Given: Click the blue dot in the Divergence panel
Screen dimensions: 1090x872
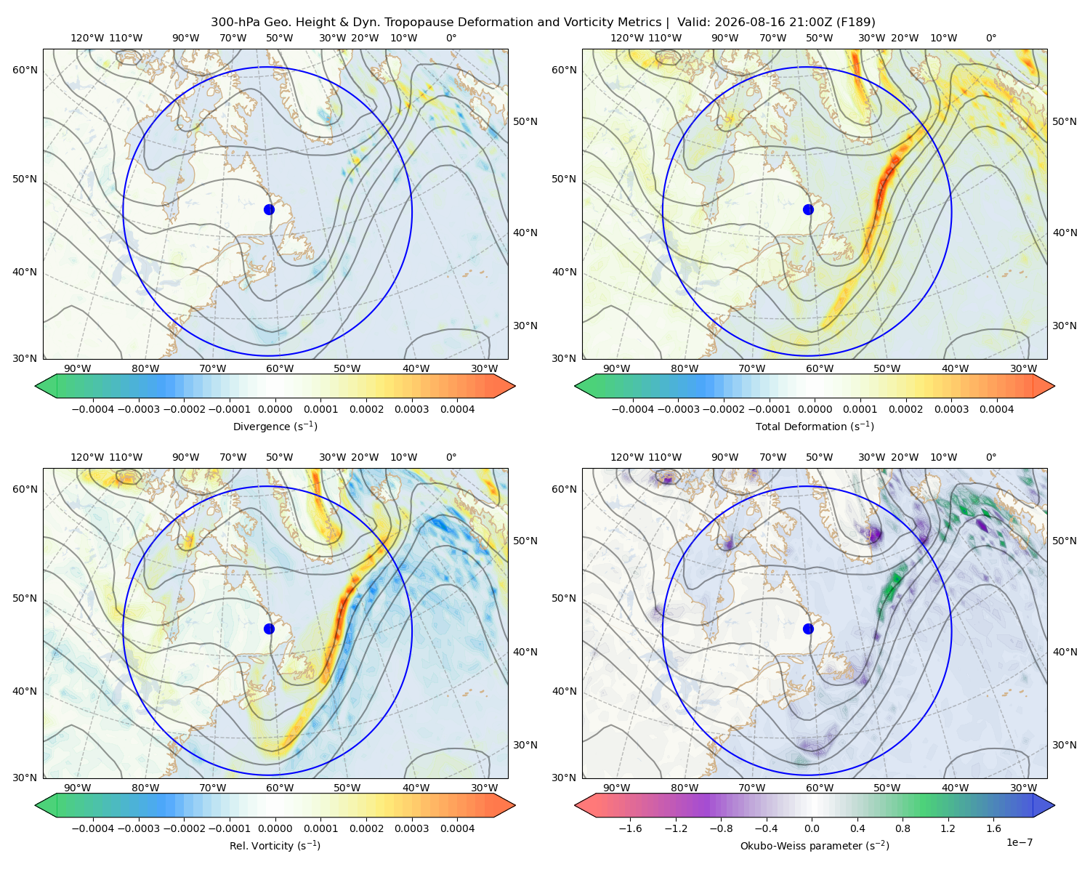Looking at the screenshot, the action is coord(269,209).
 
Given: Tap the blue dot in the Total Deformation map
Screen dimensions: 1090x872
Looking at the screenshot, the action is coord(808,209).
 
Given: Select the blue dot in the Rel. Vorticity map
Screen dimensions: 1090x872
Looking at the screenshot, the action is coord(269,629).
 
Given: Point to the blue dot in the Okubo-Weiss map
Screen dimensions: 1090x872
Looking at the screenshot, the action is coord(808,629).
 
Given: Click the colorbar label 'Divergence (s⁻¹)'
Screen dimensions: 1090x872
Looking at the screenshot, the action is coord(275,426).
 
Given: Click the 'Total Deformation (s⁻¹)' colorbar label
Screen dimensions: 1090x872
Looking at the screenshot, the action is coord(815,426).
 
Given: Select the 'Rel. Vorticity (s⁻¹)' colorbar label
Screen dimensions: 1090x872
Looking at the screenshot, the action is coord(275,846).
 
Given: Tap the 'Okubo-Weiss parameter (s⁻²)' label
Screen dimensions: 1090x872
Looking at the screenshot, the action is coord(815,846).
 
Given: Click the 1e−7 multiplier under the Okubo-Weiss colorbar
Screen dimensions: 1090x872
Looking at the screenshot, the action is coord(1019,842).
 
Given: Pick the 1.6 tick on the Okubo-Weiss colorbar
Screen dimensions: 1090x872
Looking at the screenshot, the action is coord(993,828).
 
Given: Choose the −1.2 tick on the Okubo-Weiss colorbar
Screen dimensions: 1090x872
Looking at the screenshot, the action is coord(676,828).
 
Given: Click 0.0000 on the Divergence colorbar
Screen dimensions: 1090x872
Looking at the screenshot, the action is coord(275,409).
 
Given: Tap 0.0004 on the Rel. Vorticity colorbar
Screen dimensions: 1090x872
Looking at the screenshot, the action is coord(457,828).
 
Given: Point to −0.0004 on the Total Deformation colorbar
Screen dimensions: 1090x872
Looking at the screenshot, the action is coord(633,409).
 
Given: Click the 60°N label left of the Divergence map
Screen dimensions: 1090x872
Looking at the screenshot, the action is coord(25,70).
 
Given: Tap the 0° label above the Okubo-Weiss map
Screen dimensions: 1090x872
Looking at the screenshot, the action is coord(990,457).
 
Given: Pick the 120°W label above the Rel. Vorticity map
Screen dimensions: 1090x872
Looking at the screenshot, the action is coord(87,457).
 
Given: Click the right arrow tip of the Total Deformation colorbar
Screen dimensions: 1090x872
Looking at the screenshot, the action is coord(1054,386).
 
